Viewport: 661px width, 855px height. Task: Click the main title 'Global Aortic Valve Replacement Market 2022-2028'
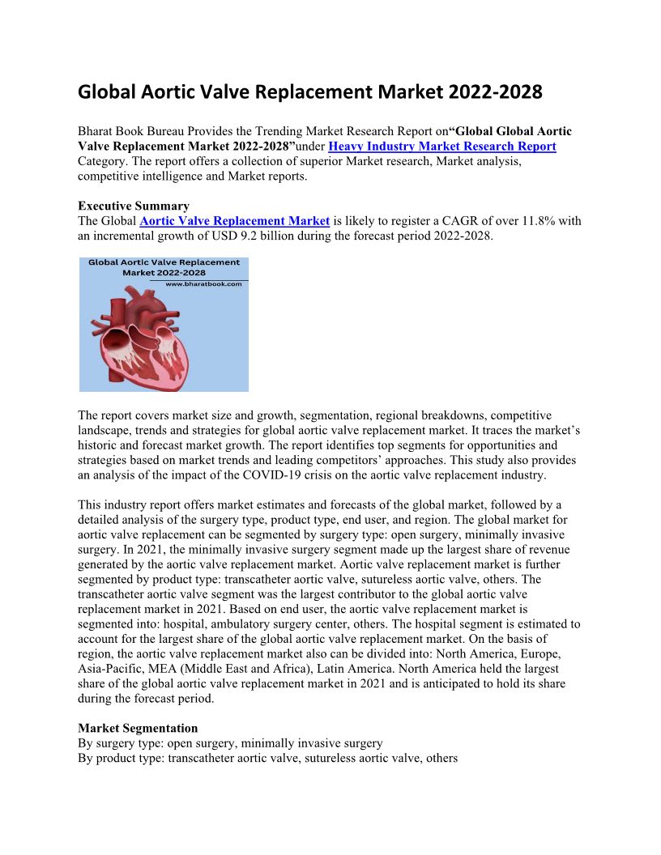pos(309,92)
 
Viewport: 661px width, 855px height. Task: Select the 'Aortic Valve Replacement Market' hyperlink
pos(234,221)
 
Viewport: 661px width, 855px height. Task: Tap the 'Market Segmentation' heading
pos(138,728)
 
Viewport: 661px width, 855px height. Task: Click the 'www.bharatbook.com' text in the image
pos(203,284)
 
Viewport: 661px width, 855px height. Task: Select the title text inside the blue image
pos(164,267)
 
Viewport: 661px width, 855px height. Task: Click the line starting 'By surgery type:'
pos(230,743)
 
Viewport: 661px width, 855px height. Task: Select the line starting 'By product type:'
pos(267,759)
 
